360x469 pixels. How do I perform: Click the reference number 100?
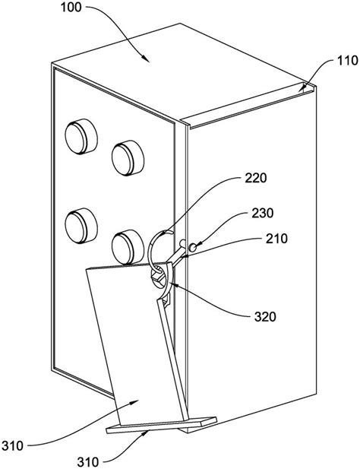click(71, 8)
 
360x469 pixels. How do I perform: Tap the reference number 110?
click(347, 60)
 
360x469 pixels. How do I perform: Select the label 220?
click(256, 178)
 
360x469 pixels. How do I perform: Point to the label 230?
click(263, 214)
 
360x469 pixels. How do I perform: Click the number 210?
click(276, 239)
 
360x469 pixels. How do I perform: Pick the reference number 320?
click(265, 316)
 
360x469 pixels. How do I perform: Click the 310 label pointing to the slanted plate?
click(12, 445)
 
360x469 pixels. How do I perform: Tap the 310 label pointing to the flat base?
click(88, 462)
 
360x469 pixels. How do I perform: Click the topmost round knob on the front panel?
click(81, 136)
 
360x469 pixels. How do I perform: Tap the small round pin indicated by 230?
click(193, 247)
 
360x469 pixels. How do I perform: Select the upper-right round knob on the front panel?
click(128, 157)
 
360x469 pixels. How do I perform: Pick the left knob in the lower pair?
click(81, 226)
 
